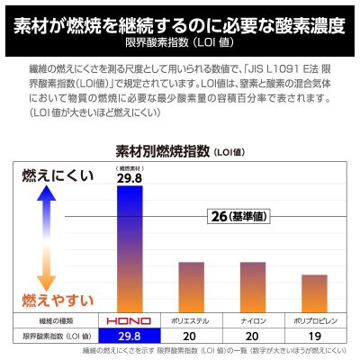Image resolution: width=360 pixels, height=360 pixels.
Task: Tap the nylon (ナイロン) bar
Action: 251,286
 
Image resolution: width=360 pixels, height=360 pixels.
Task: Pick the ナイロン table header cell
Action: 251,320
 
